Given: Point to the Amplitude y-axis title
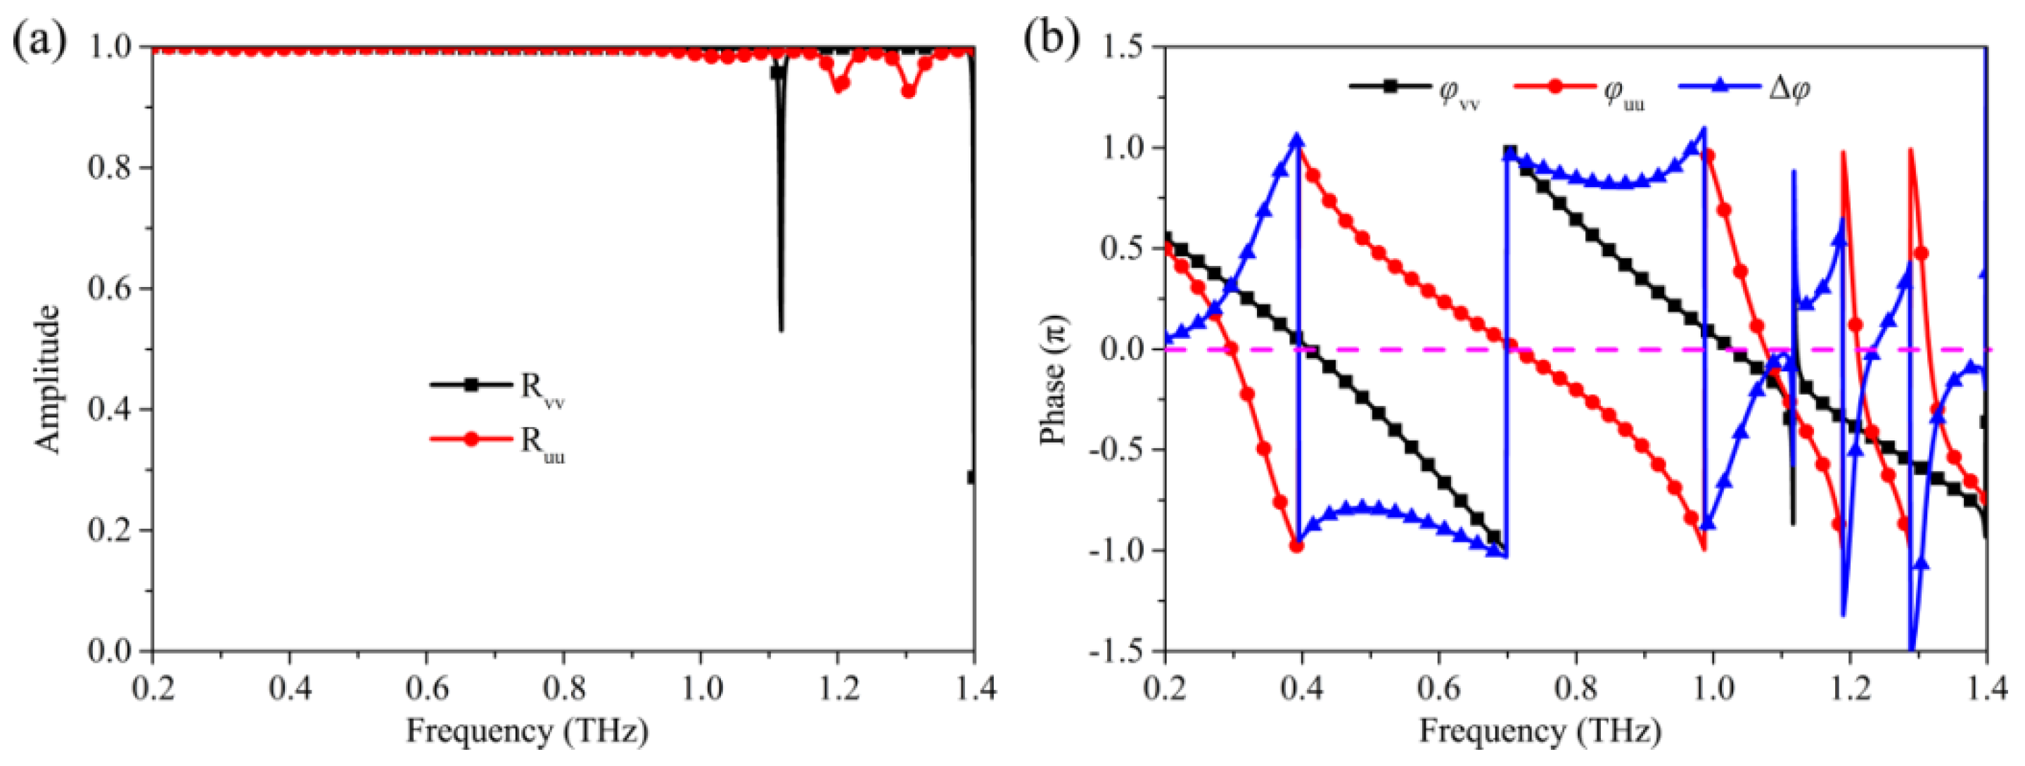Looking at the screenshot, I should (49, 379).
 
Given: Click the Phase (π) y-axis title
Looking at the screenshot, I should (1054, 379).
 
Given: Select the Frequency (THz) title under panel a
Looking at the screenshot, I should (528, 732).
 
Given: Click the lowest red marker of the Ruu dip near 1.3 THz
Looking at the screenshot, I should (909, 91).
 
